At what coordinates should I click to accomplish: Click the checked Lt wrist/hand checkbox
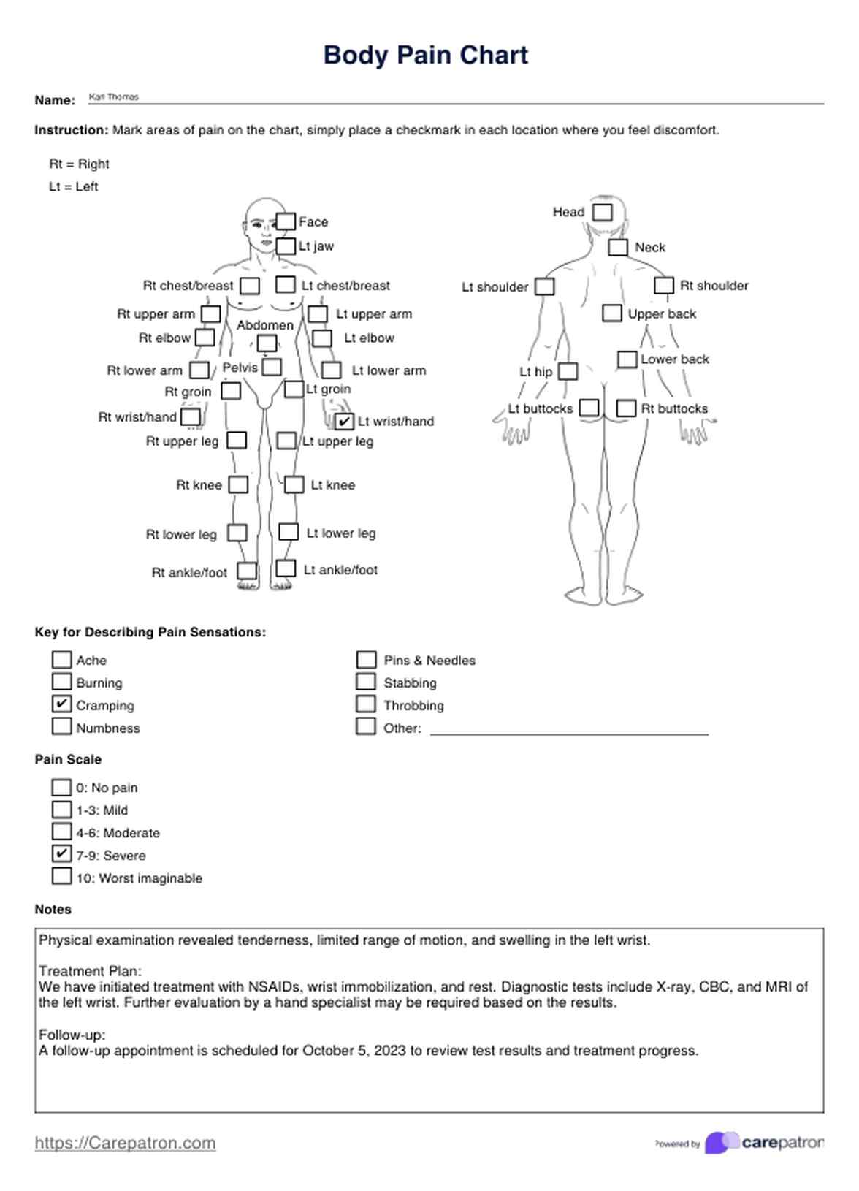coord(344,421)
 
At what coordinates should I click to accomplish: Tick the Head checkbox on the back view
coord(602,212)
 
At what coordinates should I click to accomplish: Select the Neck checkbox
coord(618,247)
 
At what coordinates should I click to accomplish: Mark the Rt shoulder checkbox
coord(663,285)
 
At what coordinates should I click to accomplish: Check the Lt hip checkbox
coord(568,371)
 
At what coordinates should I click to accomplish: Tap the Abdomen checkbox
coord(267,343)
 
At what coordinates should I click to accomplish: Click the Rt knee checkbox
coord(238,484)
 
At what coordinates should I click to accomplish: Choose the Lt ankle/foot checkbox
coord(286,568)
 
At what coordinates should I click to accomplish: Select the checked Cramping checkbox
coord(62,704)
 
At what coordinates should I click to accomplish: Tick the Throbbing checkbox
coord(366,704)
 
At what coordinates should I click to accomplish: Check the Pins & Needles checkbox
coord(366,659)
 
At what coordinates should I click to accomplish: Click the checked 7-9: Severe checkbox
coord(62,853)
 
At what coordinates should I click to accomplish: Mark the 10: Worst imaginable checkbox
coord(62,876)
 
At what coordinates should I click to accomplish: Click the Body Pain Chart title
coord(426,55)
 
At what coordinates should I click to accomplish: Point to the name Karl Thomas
coord(113,96)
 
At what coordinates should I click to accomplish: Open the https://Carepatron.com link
coord(125,1143)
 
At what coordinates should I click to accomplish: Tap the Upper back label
coord(662,313)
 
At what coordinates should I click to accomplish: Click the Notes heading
coord(53,909)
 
